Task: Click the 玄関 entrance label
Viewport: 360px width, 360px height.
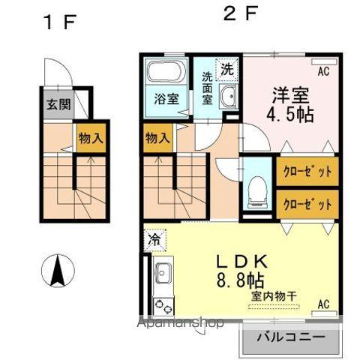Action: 57,105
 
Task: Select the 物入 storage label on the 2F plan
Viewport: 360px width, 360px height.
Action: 157,139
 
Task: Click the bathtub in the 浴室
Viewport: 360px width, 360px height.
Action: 165,74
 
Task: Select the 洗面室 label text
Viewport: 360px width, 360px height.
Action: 208,88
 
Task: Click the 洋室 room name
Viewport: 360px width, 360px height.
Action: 291,96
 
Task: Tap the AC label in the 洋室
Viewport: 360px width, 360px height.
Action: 323,72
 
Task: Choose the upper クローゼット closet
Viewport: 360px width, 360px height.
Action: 307,171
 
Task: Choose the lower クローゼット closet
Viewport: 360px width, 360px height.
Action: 307,202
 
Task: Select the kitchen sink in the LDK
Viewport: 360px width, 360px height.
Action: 163,274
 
